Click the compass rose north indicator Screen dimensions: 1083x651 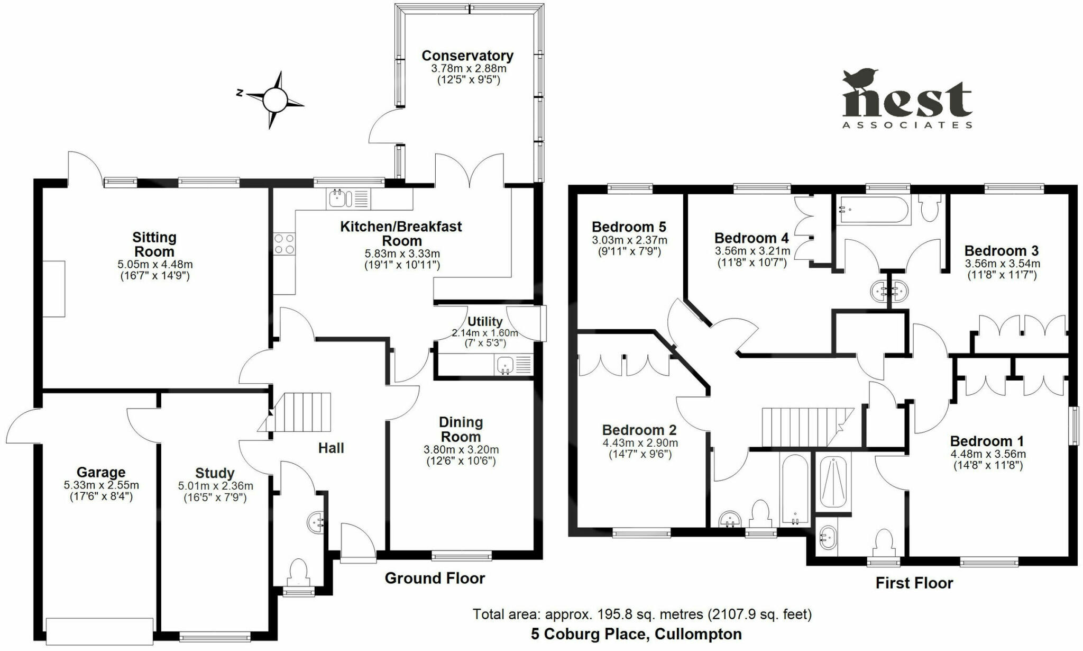point(240,93)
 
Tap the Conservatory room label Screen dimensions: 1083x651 point(467,56)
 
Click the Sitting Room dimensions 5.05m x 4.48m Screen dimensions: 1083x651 point(154,264)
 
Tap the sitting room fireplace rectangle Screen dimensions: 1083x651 point(54,289)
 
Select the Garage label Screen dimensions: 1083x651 point(101,472)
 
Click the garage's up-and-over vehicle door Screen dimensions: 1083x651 point(100,631)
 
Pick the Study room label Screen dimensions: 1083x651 point(215,473)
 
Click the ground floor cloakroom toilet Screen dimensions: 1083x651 point(299,573)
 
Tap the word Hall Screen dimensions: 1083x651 point(331,448)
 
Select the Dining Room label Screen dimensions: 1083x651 point(461,429)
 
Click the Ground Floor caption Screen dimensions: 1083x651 point(435,578)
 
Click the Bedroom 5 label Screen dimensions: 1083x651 point(629,227)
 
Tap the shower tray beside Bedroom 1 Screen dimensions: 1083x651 point(833,482)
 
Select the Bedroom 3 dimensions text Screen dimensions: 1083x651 point(1002,269)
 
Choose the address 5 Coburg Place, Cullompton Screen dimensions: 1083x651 point(636,634)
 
